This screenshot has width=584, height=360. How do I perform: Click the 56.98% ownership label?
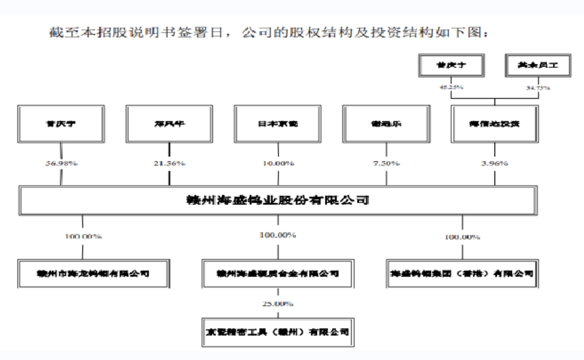click(60, 163)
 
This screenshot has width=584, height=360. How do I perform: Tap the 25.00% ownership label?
click(277, 304)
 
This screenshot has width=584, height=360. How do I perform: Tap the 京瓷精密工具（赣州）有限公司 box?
click(277, 331)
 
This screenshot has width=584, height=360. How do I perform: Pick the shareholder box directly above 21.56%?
click(169, 124)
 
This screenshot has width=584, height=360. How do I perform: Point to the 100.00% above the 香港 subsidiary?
click(462, 237)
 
